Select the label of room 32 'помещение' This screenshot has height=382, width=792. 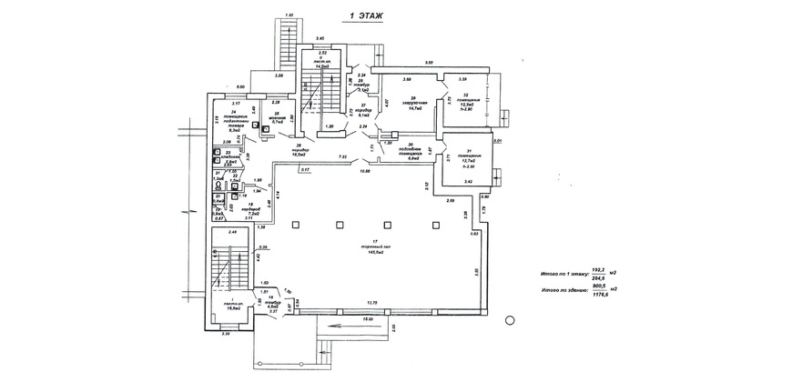click(465, 102)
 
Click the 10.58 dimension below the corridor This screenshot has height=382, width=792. click(364, 171)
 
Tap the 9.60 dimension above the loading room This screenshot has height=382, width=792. click(429, 63)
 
